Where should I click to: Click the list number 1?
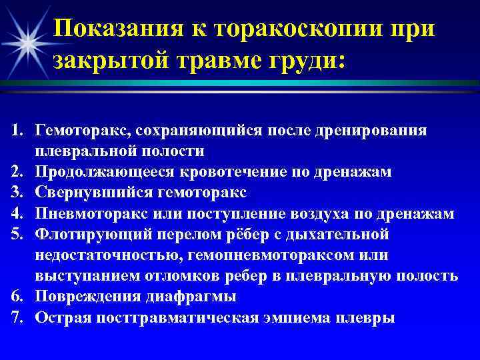click(17, 131)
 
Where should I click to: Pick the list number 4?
click(17, 214)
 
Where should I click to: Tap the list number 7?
click(17, 317)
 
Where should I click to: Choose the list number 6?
click(17, 297)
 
